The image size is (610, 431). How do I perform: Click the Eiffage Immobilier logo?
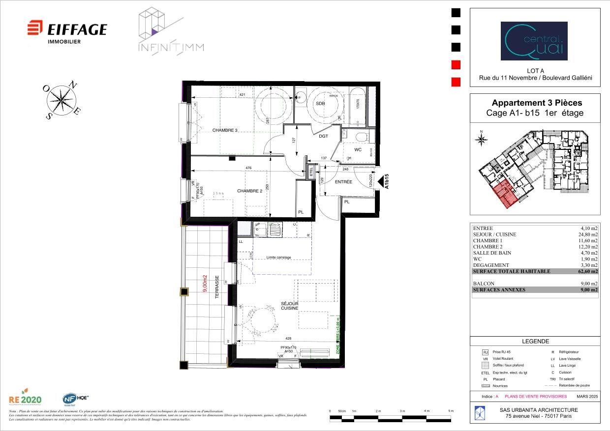click(x=66, y=30)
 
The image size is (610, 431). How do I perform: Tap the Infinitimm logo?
click(x=170, y=31)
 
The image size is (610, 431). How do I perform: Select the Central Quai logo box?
click(x=534, y=41)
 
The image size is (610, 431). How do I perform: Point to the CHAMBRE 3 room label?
click(x=225, y=130)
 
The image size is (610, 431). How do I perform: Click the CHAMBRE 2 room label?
click(x=249, y=191)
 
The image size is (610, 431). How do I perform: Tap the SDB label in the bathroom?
click(x=321, y=104)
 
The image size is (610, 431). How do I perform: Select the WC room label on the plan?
click(x=358, y=149)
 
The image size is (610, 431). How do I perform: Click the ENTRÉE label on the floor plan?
click(x=343, y=182)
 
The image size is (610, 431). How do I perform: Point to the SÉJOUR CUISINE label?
click(x=290, y=306)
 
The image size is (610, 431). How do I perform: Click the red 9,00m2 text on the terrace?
click(x=205, y=284)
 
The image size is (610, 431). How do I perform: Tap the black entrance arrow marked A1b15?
click(x=382, y=182)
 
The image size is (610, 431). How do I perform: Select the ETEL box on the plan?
click(x=311, y=171)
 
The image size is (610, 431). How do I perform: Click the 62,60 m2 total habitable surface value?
click(x=588, y=271)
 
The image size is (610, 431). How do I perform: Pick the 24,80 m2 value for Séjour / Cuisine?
click(x=588, y=234)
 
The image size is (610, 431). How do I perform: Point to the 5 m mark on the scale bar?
click(x=451, y=411)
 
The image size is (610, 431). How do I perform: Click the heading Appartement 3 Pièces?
click(x=537, y=103)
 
